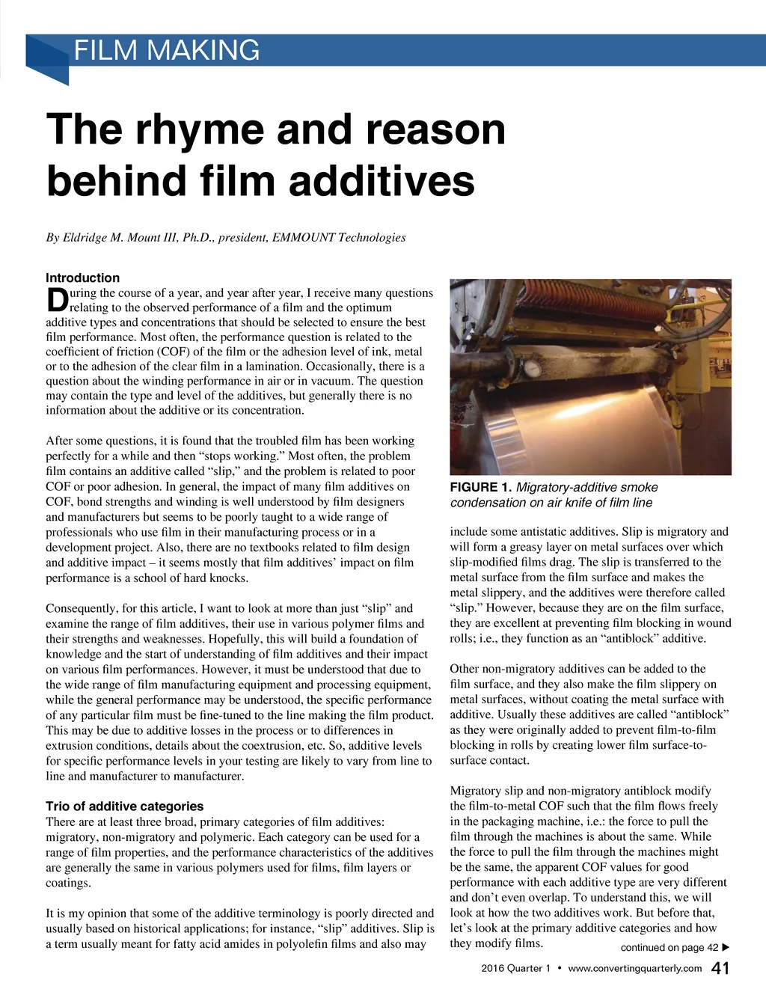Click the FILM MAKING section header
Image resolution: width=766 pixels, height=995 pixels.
[167, 51]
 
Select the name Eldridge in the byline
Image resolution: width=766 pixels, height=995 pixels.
[85, 238]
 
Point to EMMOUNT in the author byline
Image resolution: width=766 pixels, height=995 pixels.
[303, 238]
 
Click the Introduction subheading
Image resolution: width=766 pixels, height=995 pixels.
[82, 278]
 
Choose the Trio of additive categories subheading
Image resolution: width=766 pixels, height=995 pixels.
[124, 806]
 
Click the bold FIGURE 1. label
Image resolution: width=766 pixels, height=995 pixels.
[481, 488]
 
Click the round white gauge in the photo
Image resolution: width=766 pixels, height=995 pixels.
[533, 369]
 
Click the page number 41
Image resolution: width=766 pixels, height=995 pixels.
[720, 969]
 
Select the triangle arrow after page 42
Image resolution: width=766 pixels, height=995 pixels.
[725, 947]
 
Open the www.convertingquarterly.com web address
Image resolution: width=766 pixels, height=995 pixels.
[634, 969]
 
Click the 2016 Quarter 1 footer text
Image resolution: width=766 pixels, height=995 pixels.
[515, 969]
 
